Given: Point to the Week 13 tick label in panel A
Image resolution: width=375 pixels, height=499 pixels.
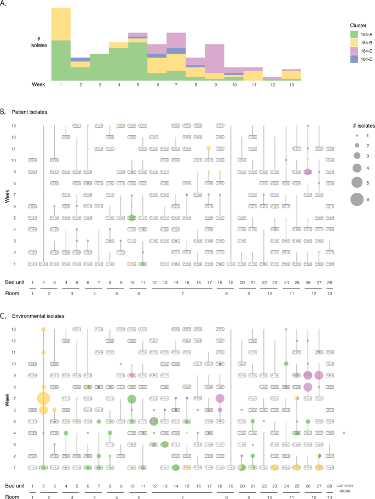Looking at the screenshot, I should [x=291, y=85].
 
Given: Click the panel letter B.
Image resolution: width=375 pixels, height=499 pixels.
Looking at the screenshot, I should [x=4, y=111].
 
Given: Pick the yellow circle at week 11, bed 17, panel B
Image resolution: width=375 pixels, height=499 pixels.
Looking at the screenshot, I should [x=209, y=148].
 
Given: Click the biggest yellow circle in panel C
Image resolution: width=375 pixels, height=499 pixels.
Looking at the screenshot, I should [x=43, y=398].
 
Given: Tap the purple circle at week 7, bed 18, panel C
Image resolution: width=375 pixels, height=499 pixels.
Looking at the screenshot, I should [x=220, y=398].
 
